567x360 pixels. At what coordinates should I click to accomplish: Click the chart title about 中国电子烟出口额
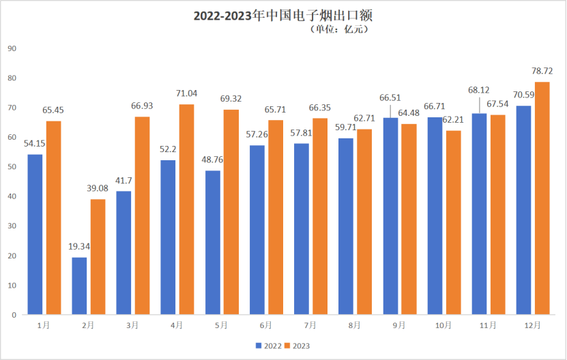coord(284,14)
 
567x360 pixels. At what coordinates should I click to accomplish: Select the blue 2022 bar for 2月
coord(79,286)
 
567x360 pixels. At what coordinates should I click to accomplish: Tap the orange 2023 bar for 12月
coord(542,198)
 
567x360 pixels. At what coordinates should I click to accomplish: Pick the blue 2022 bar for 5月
coord(213,242)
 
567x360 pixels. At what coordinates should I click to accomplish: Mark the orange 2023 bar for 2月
coord(98,256)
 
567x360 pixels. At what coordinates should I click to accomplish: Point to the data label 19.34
coord(80,247)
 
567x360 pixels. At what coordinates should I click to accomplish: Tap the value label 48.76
coord(213,160)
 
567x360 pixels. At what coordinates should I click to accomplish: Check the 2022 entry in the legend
coord(267,346)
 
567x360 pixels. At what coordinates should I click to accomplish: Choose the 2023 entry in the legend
coord(297,346)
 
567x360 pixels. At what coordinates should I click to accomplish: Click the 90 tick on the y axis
coord(12,48)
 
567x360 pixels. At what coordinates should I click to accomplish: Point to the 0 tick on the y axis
coord(14,315)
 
